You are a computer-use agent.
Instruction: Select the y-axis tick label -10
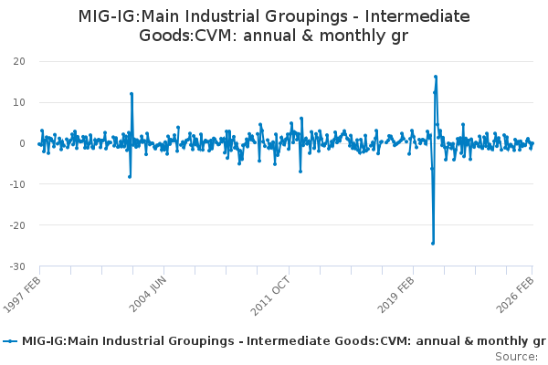(16, 184)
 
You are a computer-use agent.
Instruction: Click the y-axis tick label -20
(16, 225)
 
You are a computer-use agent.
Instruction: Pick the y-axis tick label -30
(16, 266)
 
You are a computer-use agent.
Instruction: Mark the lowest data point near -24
(433, 243)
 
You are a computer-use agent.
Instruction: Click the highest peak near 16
(436, 77)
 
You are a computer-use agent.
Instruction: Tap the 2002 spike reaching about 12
(132, 94)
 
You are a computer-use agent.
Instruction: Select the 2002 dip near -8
(130, 176)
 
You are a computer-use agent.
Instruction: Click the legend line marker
(11, 341)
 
